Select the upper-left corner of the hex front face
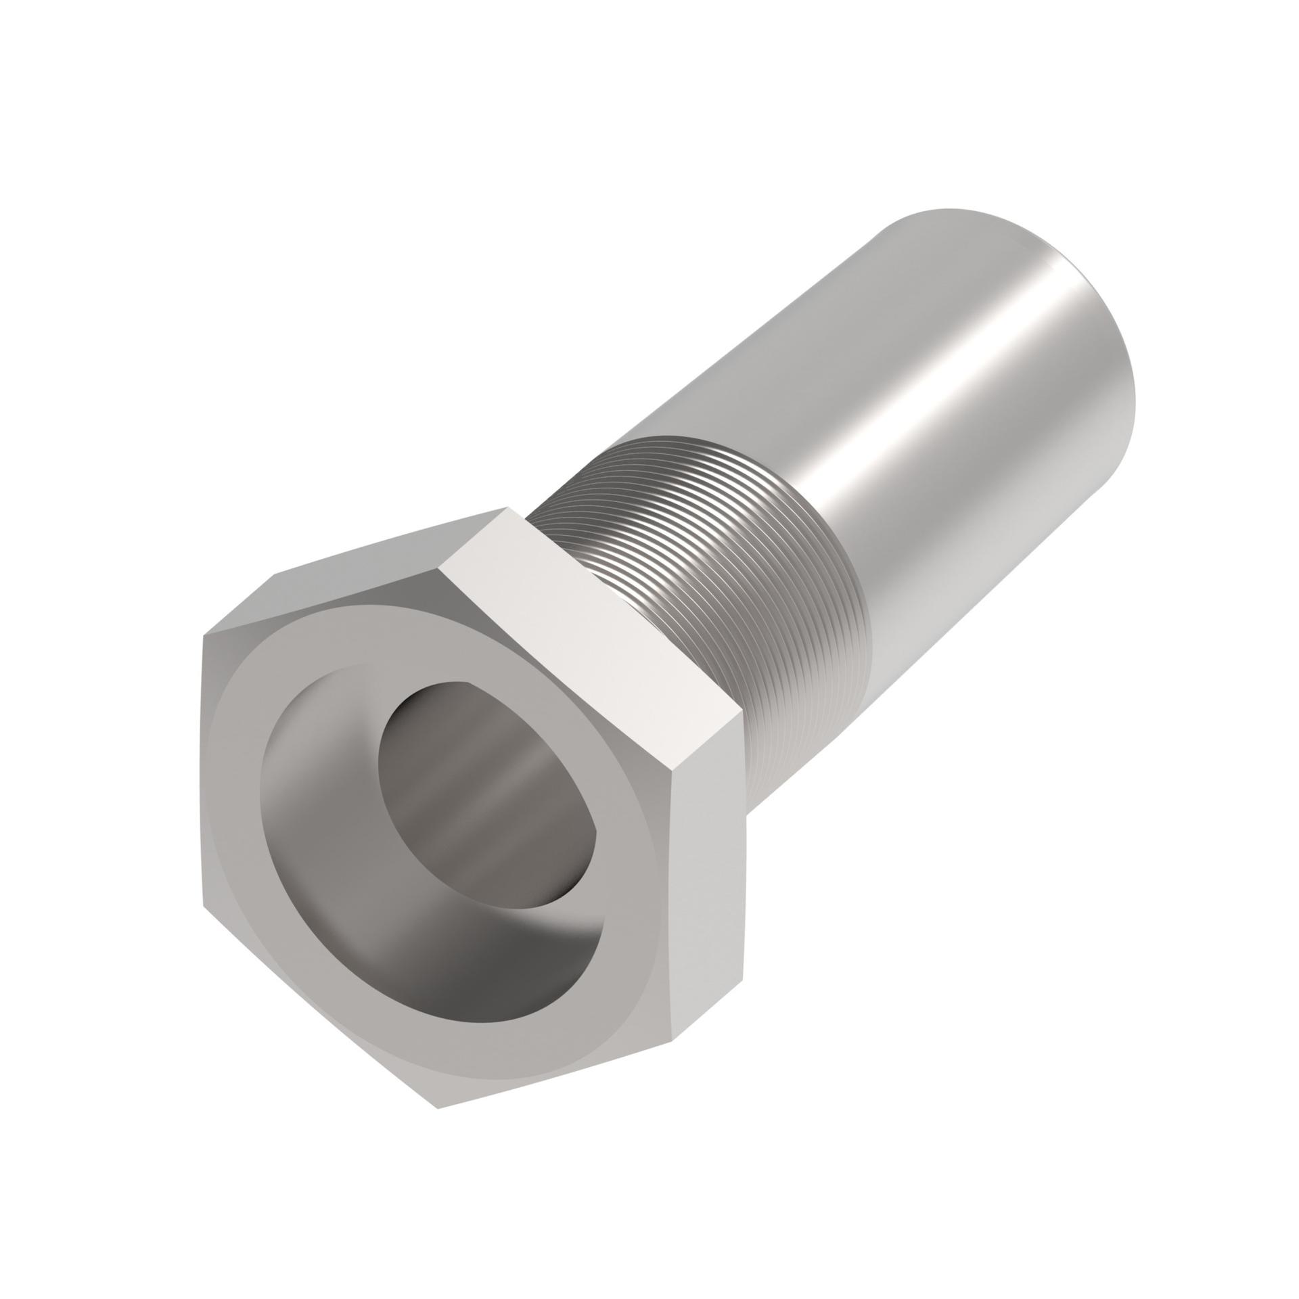(x=204, y=637)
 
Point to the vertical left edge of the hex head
(x=204, y=771)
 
